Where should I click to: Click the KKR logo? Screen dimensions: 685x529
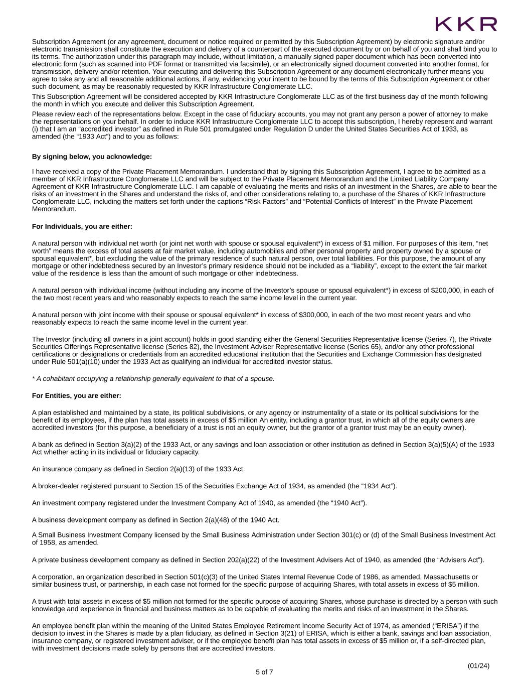pyautogui.click(x=466, y=24)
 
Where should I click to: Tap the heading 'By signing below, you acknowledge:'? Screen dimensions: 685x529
pyautogui.click(x=92, y=157)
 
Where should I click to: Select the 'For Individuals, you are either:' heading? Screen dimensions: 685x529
pyautogui.click(x=82, y=227)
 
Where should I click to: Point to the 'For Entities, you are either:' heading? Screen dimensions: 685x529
pyautogui.click(x=77, y=396)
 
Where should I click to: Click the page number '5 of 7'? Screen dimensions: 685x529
pyautogui.click(x=264, y=672)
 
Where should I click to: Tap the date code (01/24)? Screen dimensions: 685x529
pyautogui.click(x=478, y=666)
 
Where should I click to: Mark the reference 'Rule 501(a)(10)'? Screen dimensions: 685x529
pyautogui.click(x=68, y=362)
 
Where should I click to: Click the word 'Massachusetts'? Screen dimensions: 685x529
pyautogui.click(x=450, y=577)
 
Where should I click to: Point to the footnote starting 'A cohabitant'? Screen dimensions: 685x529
pyautogui.click(x=153, y=379)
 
